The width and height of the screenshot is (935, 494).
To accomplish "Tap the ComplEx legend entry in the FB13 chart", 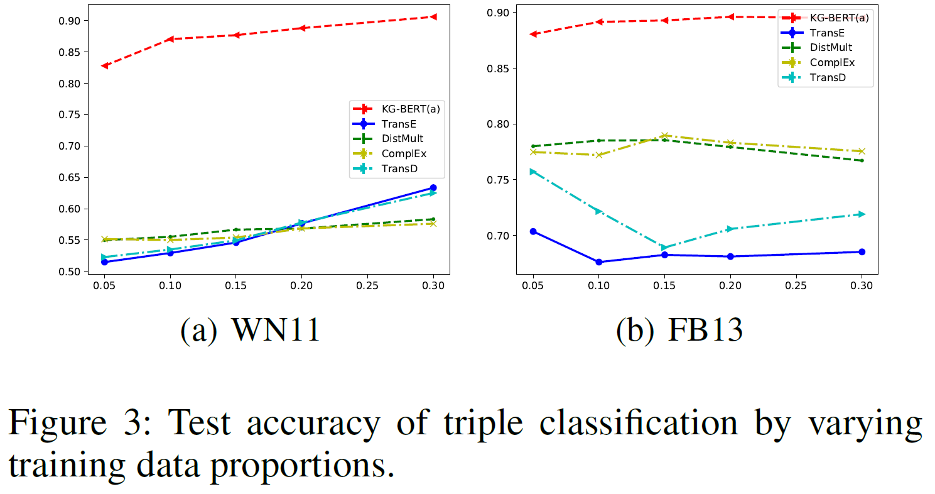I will click(832, 63).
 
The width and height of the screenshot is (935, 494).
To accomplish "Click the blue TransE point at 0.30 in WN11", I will click(433, 188).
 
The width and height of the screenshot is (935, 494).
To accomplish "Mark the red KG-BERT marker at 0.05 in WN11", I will click(104, 65).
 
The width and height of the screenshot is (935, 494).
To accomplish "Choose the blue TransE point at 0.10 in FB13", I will click(599, 262).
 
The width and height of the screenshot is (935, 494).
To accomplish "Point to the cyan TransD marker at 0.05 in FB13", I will click(533, 172).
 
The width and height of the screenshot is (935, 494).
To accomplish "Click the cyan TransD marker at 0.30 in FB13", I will click(862, 214).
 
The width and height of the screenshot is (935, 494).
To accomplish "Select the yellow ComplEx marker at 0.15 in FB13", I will click(664, 135).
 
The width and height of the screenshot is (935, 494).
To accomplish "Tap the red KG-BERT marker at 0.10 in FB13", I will click(599, 22).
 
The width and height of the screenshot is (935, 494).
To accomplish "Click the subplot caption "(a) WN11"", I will click(250, 331).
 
